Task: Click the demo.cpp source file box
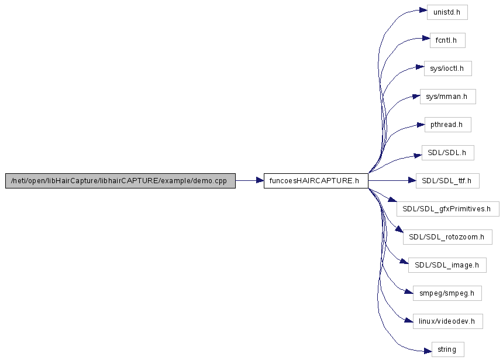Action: pyautogui.click(x=120, y=181)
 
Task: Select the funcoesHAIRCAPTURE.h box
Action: pyautogui.click(x=316, y=181)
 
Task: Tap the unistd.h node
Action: pyautogui.click(x=447, y=12)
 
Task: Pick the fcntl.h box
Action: pyautogui.click(x=447, y=40)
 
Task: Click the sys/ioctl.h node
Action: pyautogui.click(x=448, y=68)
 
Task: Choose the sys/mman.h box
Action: pyautogui.click(x=448, y=97)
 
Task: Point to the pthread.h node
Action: pyautogui.click(x=448, y=125)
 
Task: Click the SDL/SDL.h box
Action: pyautogui.click(x=448, y=153)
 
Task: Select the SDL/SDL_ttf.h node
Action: pyautogui.click(x=447, y=181)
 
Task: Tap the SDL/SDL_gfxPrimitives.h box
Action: pyautogui.click(x=448, y=209)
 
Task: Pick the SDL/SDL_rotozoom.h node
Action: pyautogui.click(x=447, y=237)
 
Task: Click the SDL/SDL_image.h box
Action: pyautogui.click(x=447, y=265)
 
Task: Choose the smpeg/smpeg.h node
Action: pyautogui.click(x=447, y=293)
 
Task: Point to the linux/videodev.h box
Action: pyautogui.click(x=448, y=321)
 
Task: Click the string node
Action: pyautogui.click(x=448, y=349)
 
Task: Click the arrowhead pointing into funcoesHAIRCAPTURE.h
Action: pyautogui.click(x=260, y=181)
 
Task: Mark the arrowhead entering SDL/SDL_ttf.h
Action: pyautogui.click(x=412, y=181)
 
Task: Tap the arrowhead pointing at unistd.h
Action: pyautogui.click(x=423, y=11)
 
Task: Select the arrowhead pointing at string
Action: pyautogui.click(x=428, y=351)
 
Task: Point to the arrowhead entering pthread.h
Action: pyautogui.click(x=421, y=125)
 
